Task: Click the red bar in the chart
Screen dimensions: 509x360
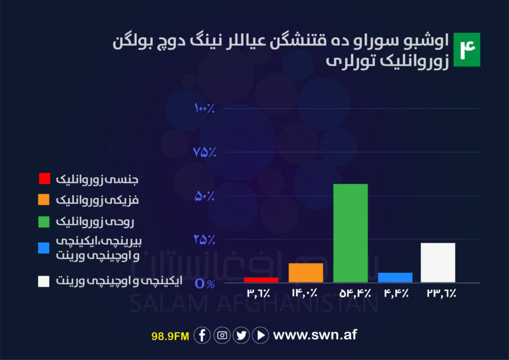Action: pyautogui.click(x=261, y=280)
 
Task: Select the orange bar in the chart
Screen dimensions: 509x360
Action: pyautogui.click(x=306, y=273)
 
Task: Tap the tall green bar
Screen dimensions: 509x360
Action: pyautogui.click(x=351, y=233)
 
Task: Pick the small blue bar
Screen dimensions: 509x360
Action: pyautogui.click(x=395, y=277)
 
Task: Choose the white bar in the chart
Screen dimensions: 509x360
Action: pyautogui.click(x=438, y=263)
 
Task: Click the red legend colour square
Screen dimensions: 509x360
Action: pyautogui.click(x=45, y=178)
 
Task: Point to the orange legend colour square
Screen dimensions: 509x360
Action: pyautogui.click(x=44, y=199)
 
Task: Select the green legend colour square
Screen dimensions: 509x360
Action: pyautogui.click(x=44, y=222)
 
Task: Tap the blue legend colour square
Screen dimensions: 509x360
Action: pyautogui.click(x=44, y=248)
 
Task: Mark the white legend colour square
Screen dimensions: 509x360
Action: pyautogui.click(x=44, y=281)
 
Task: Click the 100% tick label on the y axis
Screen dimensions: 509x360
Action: pyautogui.click(x=205, y=108)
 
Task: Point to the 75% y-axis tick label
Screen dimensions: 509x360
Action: pyautogui.click(x=205, y=152)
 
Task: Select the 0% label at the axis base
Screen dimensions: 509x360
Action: pyautogui.click(x=205, y=284)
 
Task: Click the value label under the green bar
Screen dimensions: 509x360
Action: pyautogui.click(x=355, y=293)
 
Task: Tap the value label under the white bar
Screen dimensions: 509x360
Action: pyautogui.click(x=441, y=293)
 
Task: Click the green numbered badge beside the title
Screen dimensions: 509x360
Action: pyautogui.click(x=467, y=50)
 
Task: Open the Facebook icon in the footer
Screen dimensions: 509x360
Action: pyautogui.click(x=202, y=335)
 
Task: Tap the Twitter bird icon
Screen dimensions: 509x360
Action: pyautogui.click(x=241, y=335)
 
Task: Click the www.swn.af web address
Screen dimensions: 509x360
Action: pyautogui.click(x=315, y=335)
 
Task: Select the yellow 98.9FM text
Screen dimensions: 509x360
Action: pyautogui.click(x=170, y=336)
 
